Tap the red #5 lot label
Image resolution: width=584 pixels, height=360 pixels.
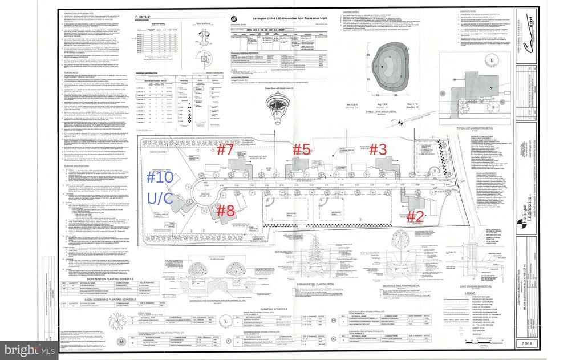tap(301, 149)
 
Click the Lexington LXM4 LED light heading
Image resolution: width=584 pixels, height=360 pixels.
tap(283, 19)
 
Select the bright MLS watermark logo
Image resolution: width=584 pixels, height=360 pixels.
tap(27, 347)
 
